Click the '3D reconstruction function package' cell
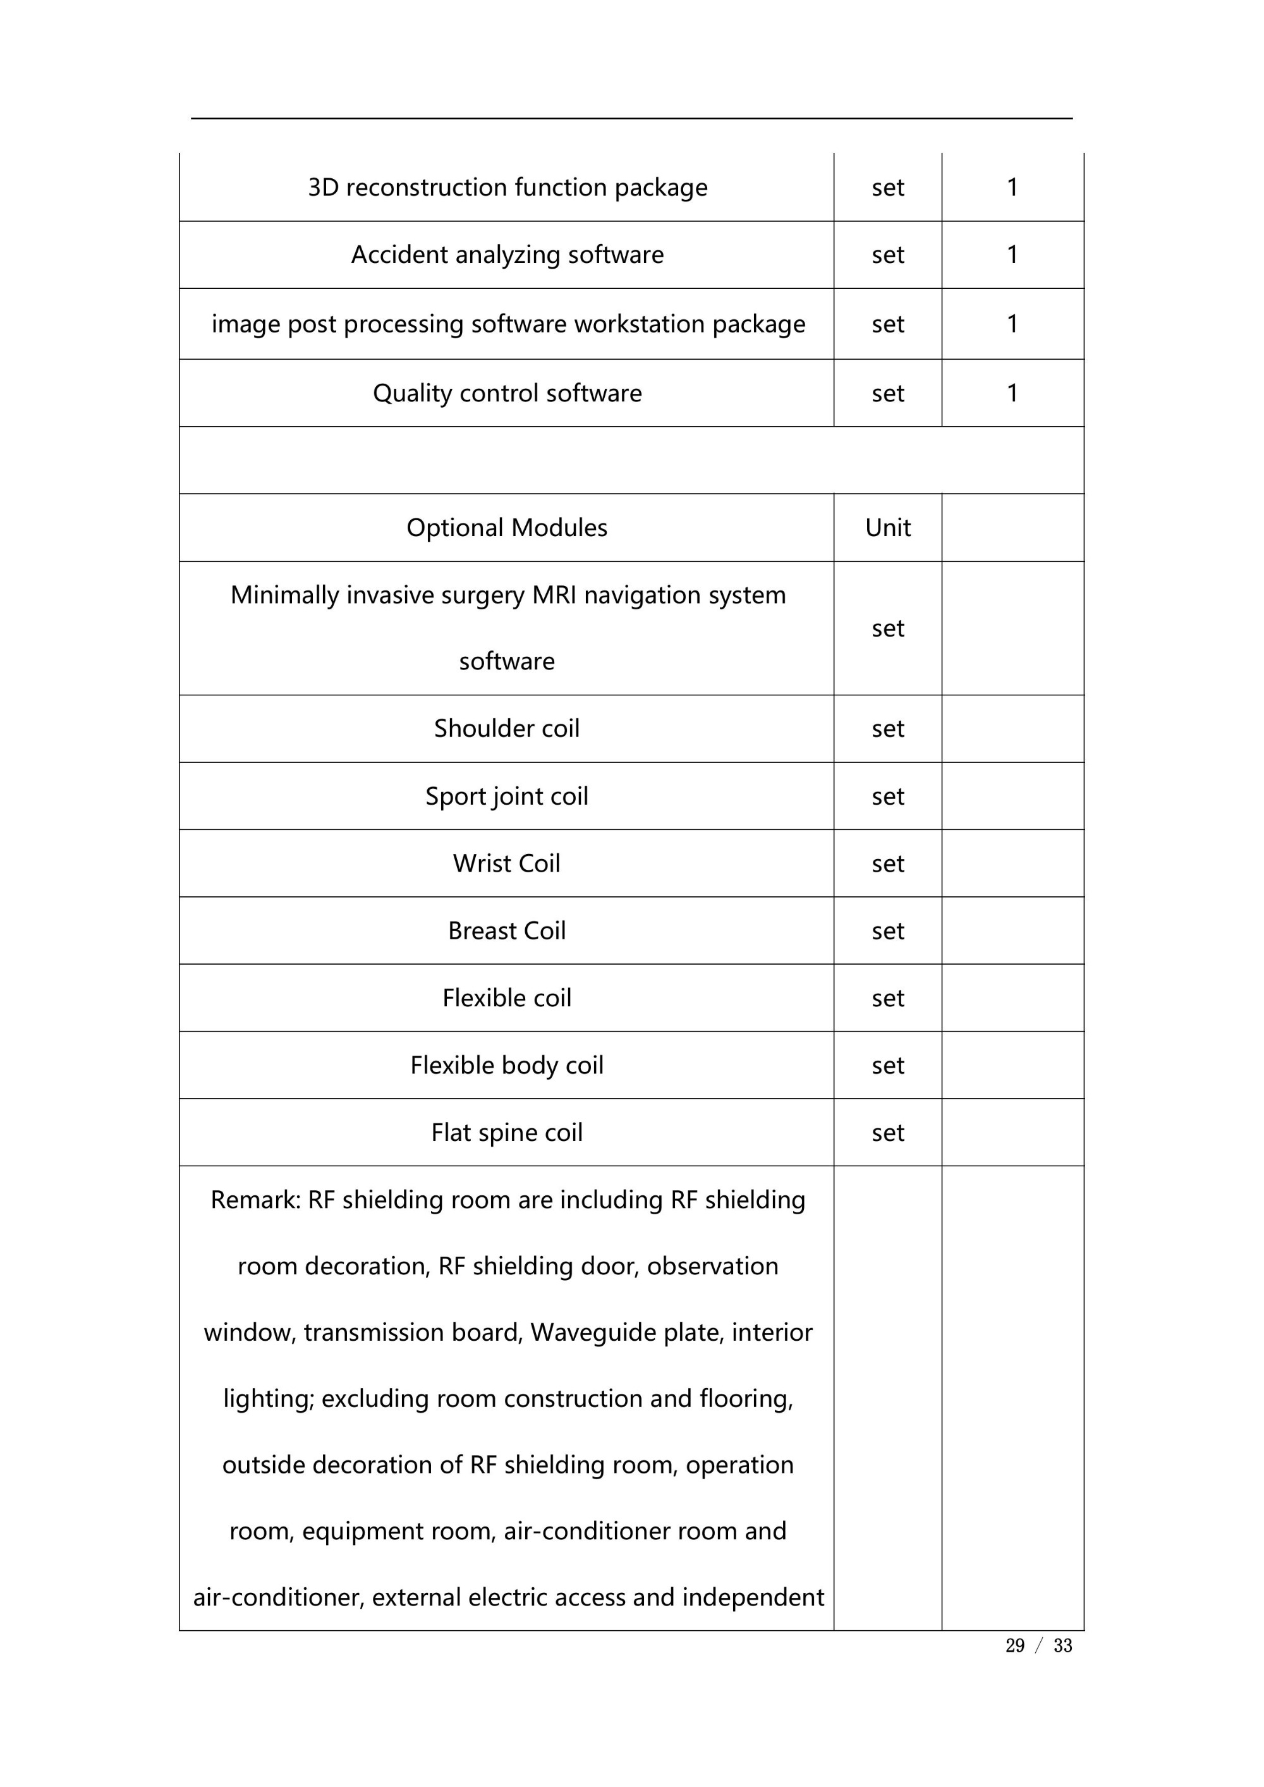coord(507,188)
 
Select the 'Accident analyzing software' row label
coord(507,255)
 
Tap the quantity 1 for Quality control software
coord(1012,393)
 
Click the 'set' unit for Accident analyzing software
coord(887,255)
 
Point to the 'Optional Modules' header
coord(507,528)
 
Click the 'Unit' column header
coord(887,528)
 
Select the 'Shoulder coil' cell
coord(507,728)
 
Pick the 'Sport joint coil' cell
coord(507,796)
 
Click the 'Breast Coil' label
coord(507,931)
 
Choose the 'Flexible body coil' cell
coord(507,1066)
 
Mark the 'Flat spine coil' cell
coord(507,1133)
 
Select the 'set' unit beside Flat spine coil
coord(887,1133)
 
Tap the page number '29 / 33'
coord(1038,1645)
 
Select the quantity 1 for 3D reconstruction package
coord(1012,188)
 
